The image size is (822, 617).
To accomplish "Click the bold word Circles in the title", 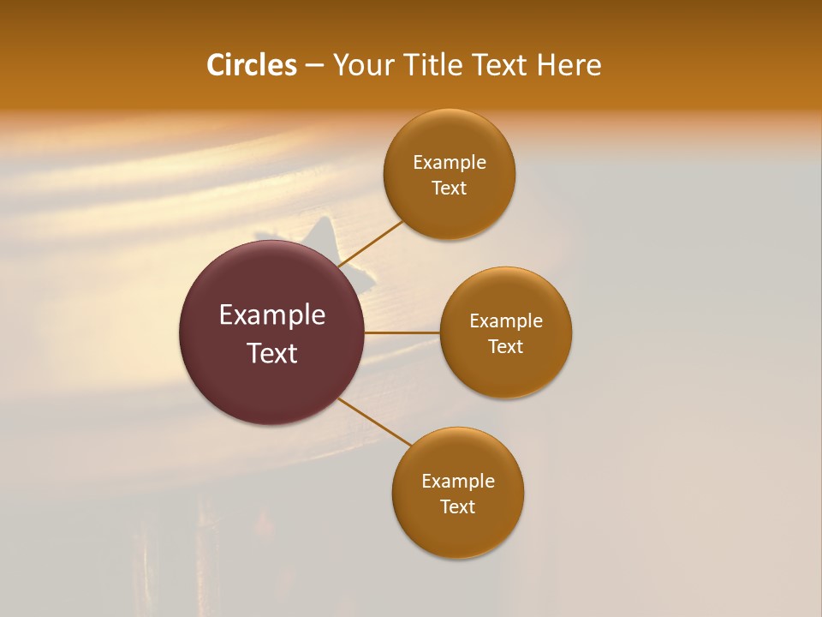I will (x=252, y=65).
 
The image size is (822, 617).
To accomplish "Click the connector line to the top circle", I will (x=372, y=243).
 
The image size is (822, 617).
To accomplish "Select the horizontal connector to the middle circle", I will (x=402, y=332).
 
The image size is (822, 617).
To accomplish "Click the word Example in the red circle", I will (x=272, y=315).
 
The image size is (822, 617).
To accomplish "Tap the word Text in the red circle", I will (x=272, y=353).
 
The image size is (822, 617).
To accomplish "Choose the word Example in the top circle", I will (x=450, y=163).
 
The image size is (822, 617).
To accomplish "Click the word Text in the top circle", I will (x=450, y=189).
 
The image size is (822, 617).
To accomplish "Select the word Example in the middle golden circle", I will (x=506, y=321).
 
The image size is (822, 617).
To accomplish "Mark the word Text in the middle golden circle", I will (x=506, y=347).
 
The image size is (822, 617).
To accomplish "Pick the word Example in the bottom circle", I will (x=458, y=482).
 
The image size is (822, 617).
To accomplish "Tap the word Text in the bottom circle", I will (x=458, y=507).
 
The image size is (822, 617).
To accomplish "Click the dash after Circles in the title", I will (x=314, y=66).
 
